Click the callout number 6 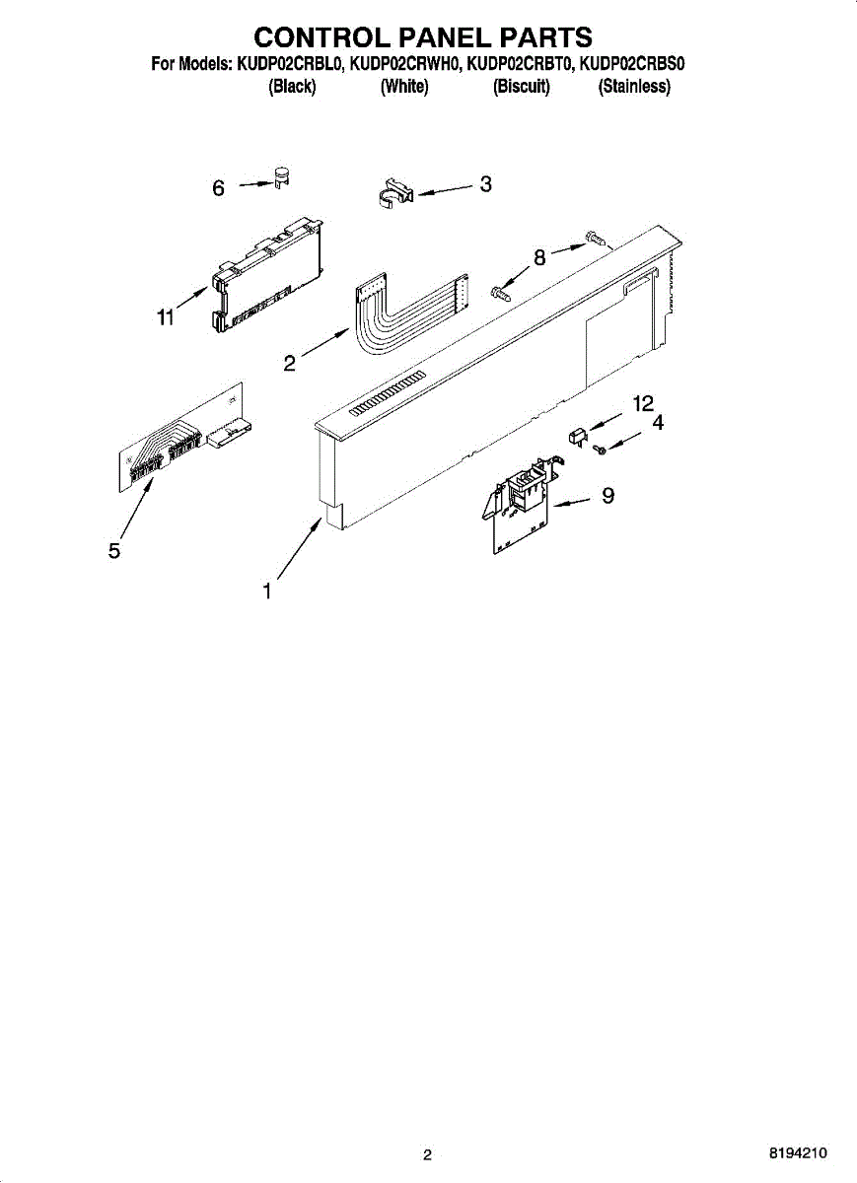219,187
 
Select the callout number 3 485,183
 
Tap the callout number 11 165,317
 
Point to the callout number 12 643,403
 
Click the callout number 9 607,496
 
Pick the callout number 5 114,551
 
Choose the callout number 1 266,591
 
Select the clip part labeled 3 396,192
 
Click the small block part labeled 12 579,435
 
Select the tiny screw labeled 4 600,449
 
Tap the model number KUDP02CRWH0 405,65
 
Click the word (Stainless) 634,87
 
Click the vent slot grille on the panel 387,393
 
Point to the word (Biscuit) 521,87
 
